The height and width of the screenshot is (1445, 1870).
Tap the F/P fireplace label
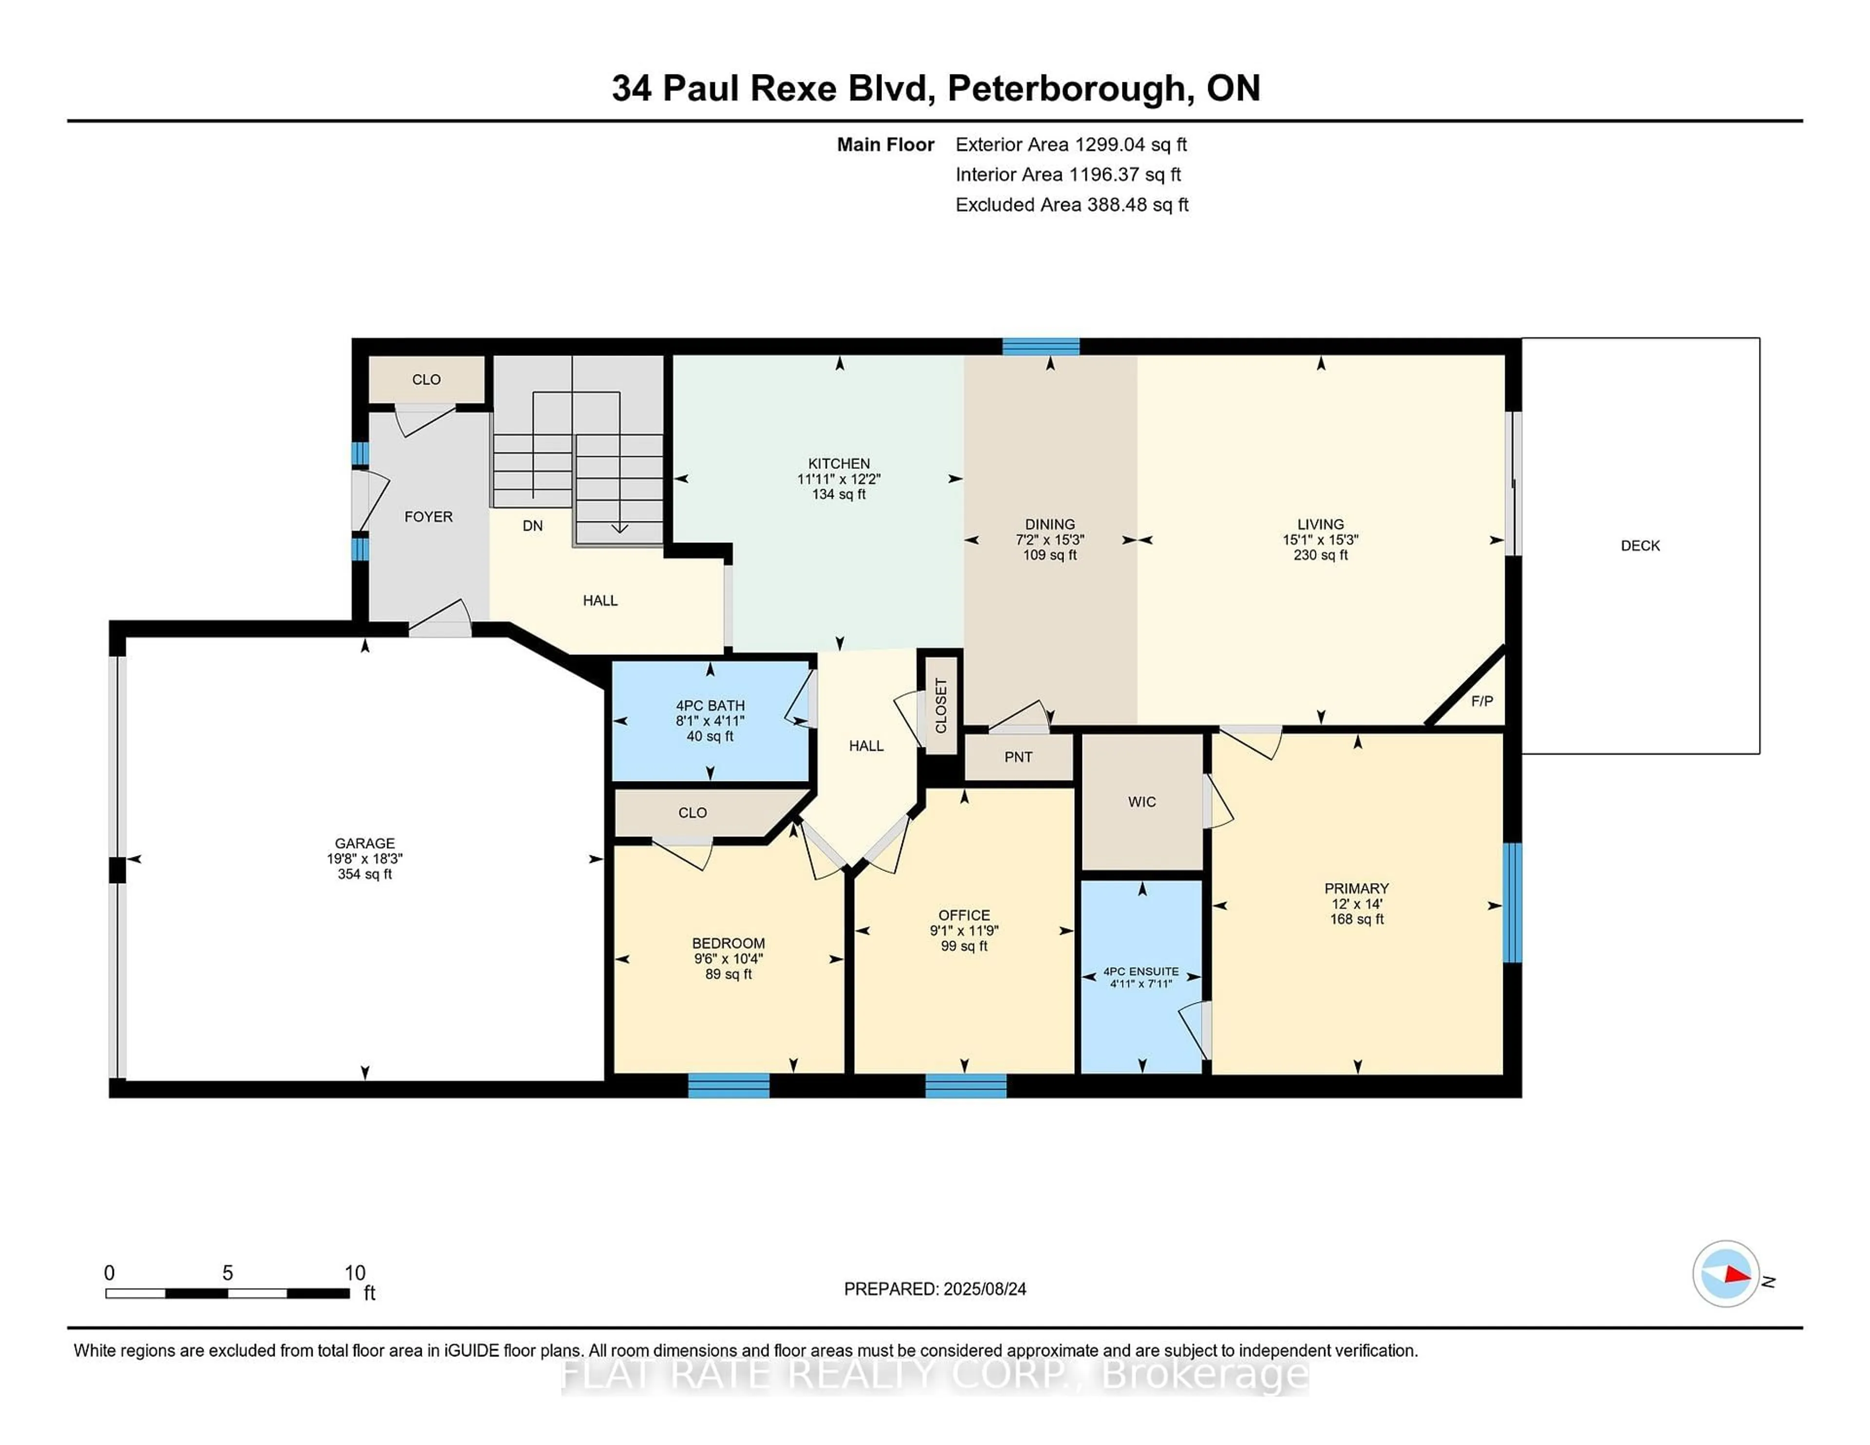(1481, 701)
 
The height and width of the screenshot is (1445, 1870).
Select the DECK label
(1640, 545)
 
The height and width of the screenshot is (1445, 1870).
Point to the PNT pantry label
(1018, 757)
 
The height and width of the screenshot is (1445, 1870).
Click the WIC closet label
(1141, 801)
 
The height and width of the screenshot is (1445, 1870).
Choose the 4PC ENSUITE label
(1141, 972)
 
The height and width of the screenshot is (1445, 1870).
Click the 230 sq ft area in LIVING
(1320, 555)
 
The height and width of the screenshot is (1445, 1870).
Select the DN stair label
(533, 526)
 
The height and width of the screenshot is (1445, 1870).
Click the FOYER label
(428, 517)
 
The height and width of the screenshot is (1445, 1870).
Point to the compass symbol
(1725, 1274)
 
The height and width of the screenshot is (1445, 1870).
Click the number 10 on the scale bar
(355, 1273)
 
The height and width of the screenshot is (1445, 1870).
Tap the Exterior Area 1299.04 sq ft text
(1070, 145)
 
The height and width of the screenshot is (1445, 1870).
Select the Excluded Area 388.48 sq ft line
(1071, 204)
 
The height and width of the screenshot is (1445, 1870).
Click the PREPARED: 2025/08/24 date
(935, 1289)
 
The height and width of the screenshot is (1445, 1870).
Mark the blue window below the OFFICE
(966, 1086)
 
